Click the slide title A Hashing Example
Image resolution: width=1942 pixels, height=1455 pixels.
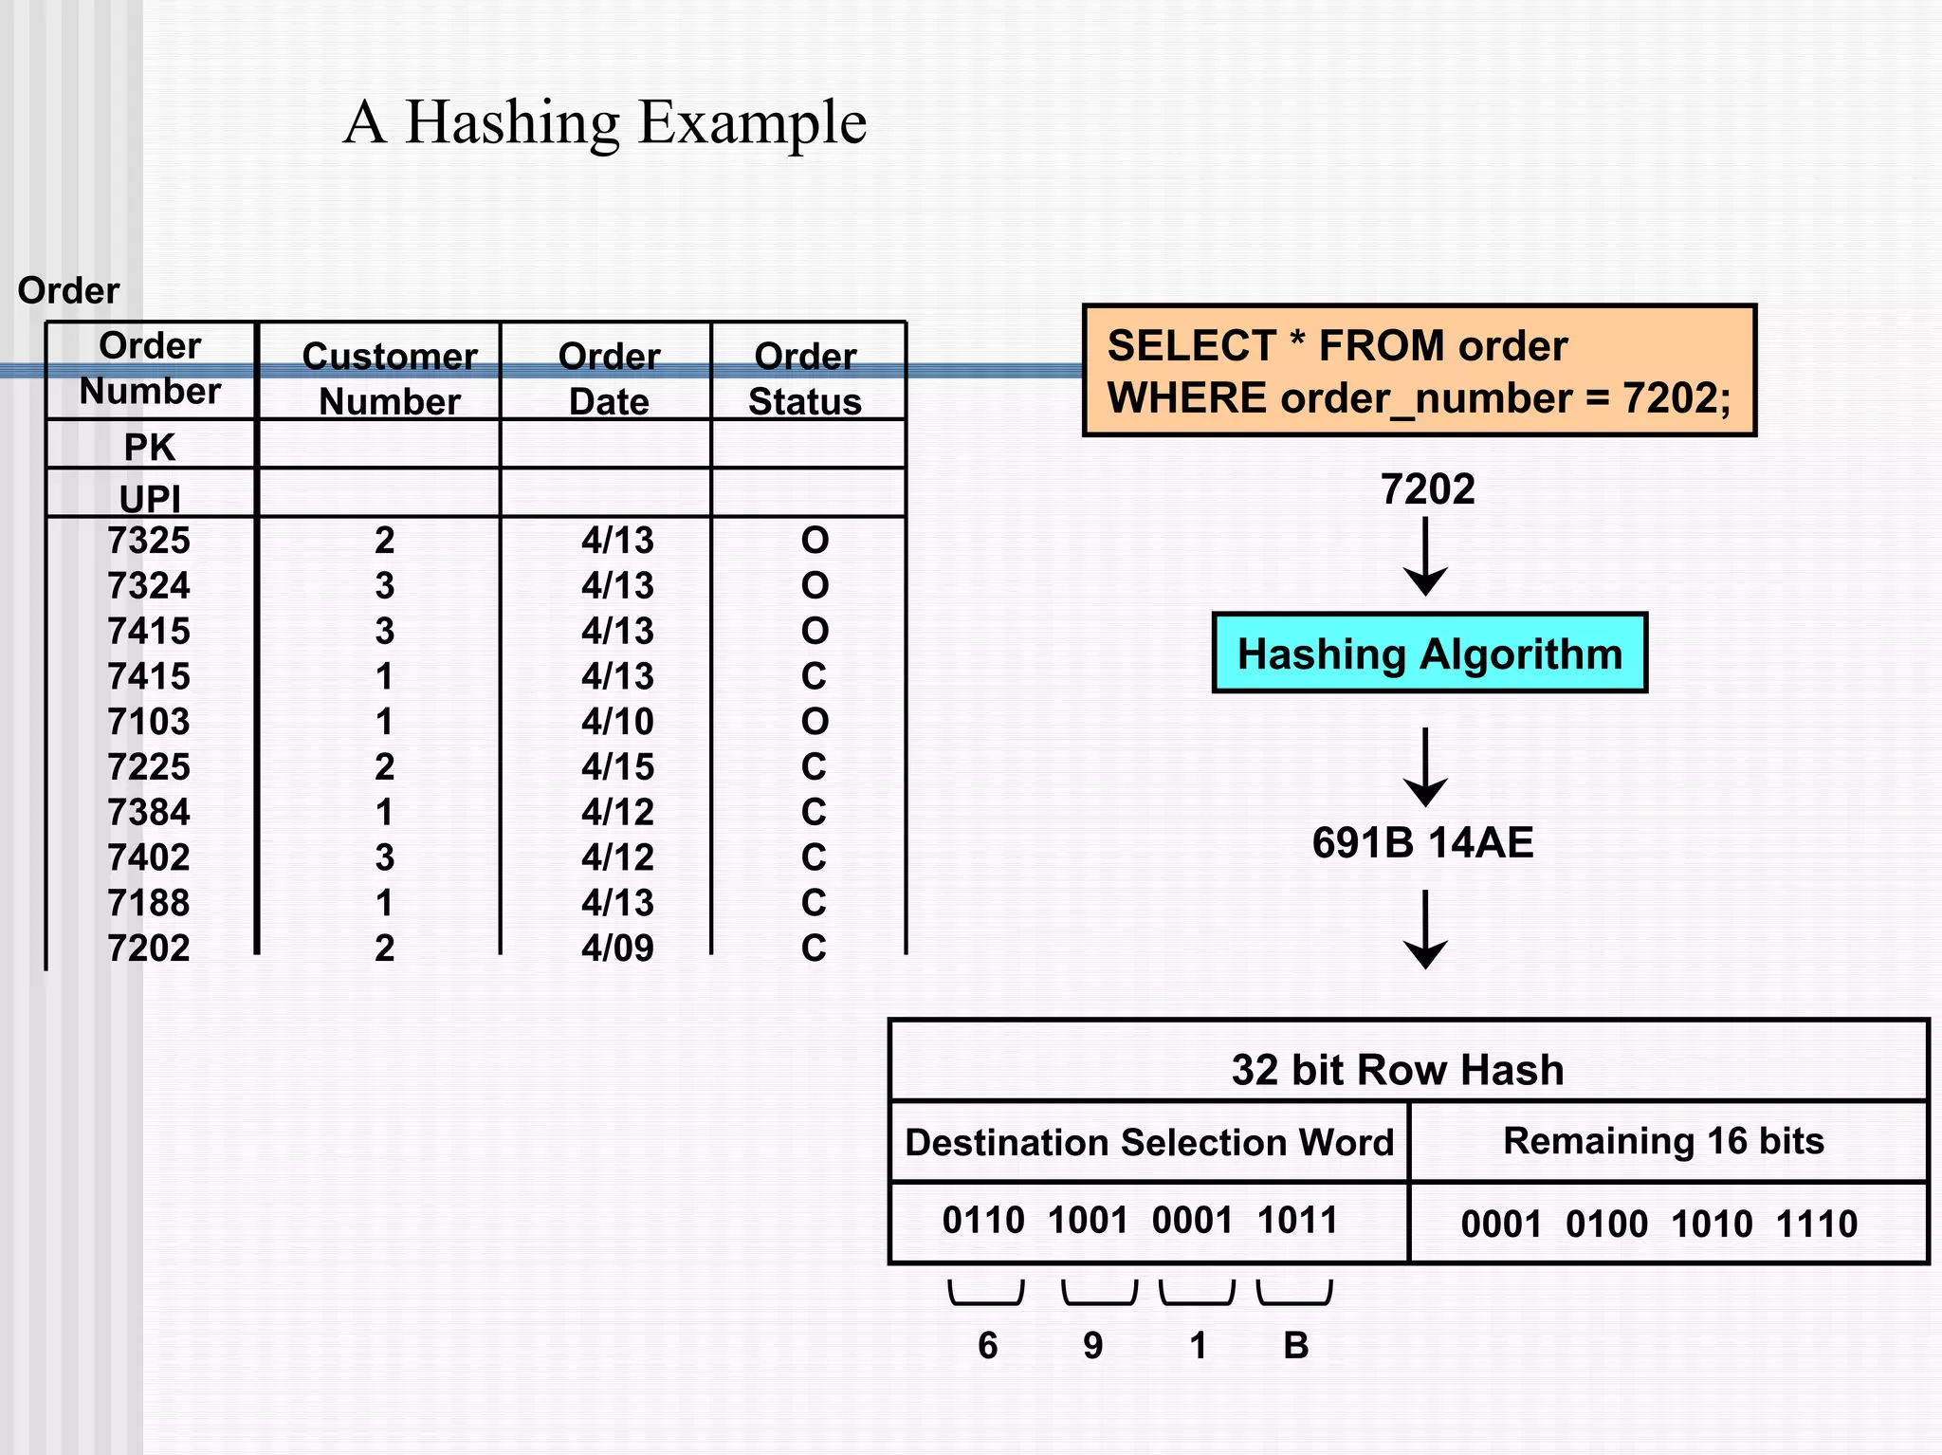[604, 122]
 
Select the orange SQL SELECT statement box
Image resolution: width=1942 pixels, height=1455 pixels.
[1419, 371]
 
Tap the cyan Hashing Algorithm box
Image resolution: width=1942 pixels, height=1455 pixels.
[1429, 654]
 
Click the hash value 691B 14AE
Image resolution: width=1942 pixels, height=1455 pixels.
[1422, 842]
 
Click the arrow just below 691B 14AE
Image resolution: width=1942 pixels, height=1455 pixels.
[1425, 930]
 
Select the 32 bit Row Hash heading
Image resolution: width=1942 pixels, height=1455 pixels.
[1397, 1069]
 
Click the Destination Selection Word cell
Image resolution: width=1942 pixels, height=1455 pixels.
[1149, 1142]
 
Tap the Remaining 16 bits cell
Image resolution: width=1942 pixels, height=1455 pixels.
[1663, 1141]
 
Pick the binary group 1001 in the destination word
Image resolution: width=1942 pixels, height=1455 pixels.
[1088, 1220]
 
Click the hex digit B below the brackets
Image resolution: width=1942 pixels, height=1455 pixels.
[1295, 1345]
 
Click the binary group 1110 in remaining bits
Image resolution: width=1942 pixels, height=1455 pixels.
[1816, 1224]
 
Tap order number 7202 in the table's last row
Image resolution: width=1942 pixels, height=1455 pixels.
[149, 948]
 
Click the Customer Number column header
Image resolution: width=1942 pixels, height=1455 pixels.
[389, 378]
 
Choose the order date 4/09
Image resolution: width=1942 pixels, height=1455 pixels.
[617, 948]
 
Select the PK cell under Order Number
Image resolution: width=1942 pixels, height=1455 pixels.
[150, 447]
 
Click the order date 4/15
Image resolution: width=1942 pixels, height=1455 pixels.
[617, 766]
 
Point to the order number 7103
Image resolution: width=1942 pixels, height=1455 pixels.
[149, 722]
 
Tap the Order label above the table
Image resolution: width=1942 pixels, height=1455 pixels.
[68, 290]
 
